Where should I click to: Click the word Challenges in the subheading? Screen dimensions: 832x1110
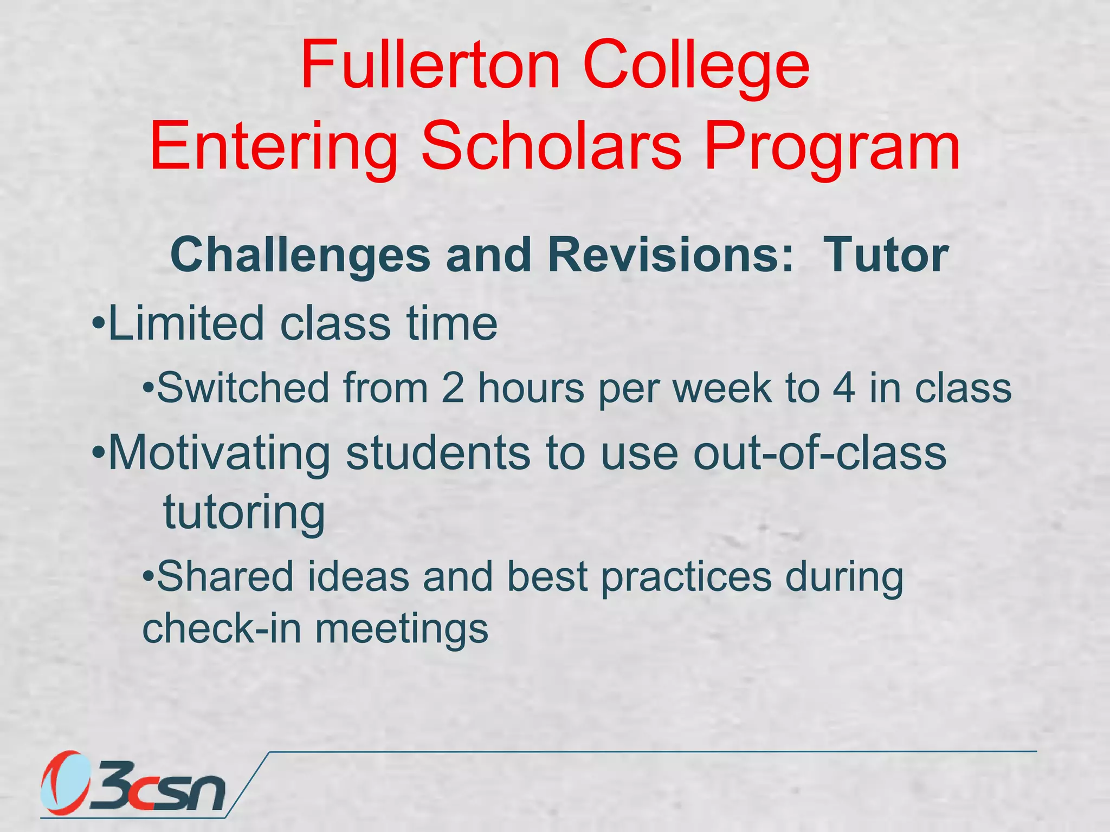coord(300,255)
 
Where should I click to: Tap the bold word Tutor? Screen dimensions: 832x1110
coord(886,255)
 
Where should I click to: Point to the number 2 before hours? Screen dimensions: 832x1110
coord(453,388)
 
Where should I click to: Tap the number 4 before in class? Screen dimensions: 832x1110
coord(844,388)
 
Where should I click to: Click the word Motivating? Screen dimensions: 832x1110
coord(219,454)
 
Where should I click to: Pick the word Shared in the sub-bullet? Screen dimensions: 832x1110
coord(225,576)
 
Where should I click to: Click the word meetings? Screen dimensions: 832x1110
coord(402,630)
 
